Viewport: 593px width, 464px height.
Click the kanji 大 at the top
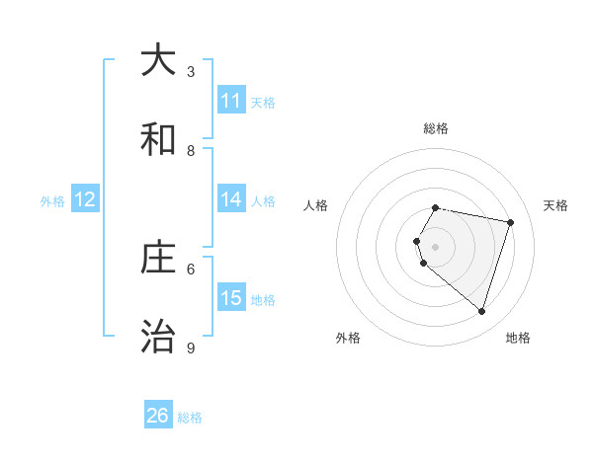coord(158,61)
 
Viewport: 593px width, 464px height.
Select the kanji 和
coord(158,139)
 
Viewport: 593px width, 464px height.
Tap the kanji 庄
coord(158,258)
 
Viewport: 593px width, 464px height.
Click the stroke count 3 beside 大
coord(191,71)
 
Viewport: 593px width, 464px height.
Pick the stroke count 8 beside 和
coord(191,150)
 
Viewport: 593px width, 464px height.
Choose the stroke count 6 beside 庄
coord(191,268)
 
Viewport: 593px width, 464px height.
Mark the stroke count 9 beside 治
coord(191,348)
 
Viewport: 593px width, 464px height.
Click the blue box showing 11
coord(231,101)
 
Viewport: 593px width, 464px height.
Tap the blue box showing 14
coord(231,199)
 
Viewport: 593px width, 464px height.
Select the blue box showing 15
coord(231,298)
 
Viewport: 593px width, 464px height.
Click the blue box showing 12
coord(85,199)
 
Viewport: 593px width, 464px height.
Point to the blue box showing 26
coord(158,416)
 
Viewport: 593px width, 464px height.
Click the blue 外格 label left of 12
coord(52,200)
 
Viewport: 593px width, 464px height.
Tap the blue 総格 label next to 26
coord(190,418)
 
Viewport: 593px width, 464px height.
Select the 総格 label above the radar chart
coord(436,128)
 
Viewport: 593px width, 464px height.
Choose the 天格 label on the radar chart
coord(555,205)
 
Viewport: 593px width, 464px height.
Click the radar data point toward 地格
coord(481,312)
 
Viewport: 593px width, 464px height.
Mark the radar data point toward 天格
coord(510,222)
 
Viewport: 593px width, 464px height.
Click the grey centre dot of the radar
coord(436,246)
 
